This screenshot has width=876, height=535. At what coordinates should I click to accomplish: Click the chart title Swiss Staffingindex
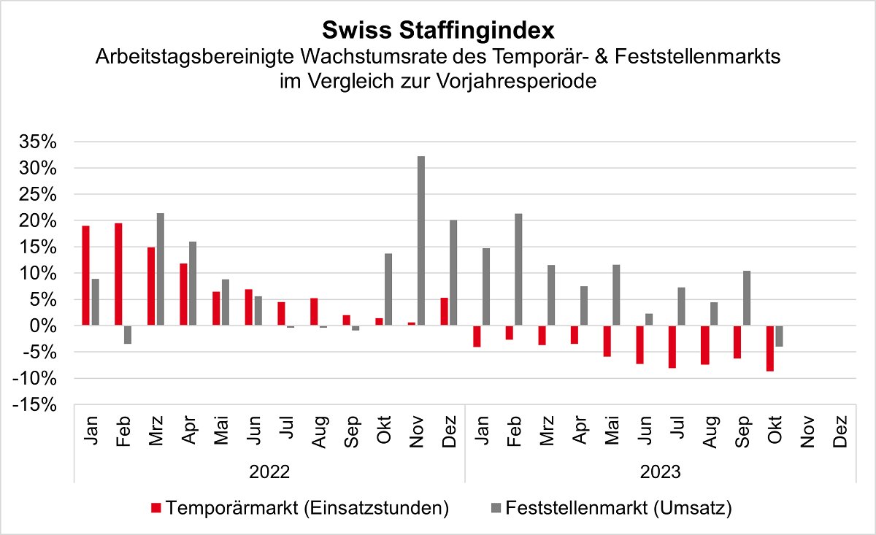coord(438,30)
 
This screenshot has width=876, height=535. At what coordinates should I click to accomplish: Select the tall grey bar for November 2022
coord(420,241)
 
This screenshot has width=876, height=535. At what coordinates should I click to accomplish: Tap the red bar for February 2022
coord(118,274)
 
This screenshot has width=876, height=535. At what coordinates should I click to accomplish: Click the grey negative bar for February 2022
coord(128,335)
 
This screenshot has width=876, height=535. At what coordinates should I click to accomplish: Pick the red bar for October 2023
coord(769,348)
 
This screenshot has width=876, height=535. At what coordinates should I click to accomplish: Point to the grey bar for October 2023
coord(779,336)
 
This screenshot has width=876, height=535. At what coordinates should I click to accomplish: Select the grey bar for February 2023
coord(518,269)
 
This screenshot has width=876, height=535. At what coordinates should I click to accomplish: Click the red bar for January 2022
coord(85,275)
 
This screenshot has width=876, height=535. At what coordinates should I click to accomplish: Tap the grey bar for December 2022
coord(453,272)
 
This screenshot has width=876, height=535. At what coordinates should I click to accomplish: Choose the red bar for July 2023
coord(672,347)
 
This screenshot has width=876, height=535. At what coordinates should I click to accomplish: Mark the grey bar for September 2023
coord(747,298)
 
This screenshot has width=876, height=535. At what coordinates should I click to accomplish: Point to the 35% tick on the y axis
coord(38,142)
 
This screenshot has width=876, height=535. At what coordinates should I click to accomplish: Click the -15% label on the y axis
coord(34,405)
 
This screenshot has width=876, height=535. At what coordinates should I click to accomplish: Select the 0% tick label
coord(43,326)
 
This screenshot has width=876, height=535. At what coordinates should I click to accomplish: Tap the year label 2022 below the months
coord(269,472)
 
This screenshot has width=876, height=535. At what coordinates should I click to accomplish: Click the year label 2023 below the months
coord(661,472)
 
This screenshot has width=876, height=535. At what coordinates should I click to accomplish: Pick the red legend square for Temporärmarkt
coord(156,508)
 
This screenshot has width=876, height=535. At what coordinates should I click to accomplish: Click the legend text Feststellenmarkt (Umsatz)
coord(619,508)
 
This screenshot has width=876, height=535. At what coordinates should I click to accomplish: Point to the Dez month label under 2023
coord(840,431)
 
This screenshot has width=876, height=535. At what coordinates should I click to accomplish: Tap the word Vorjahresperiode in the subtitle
coord(516,81)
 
